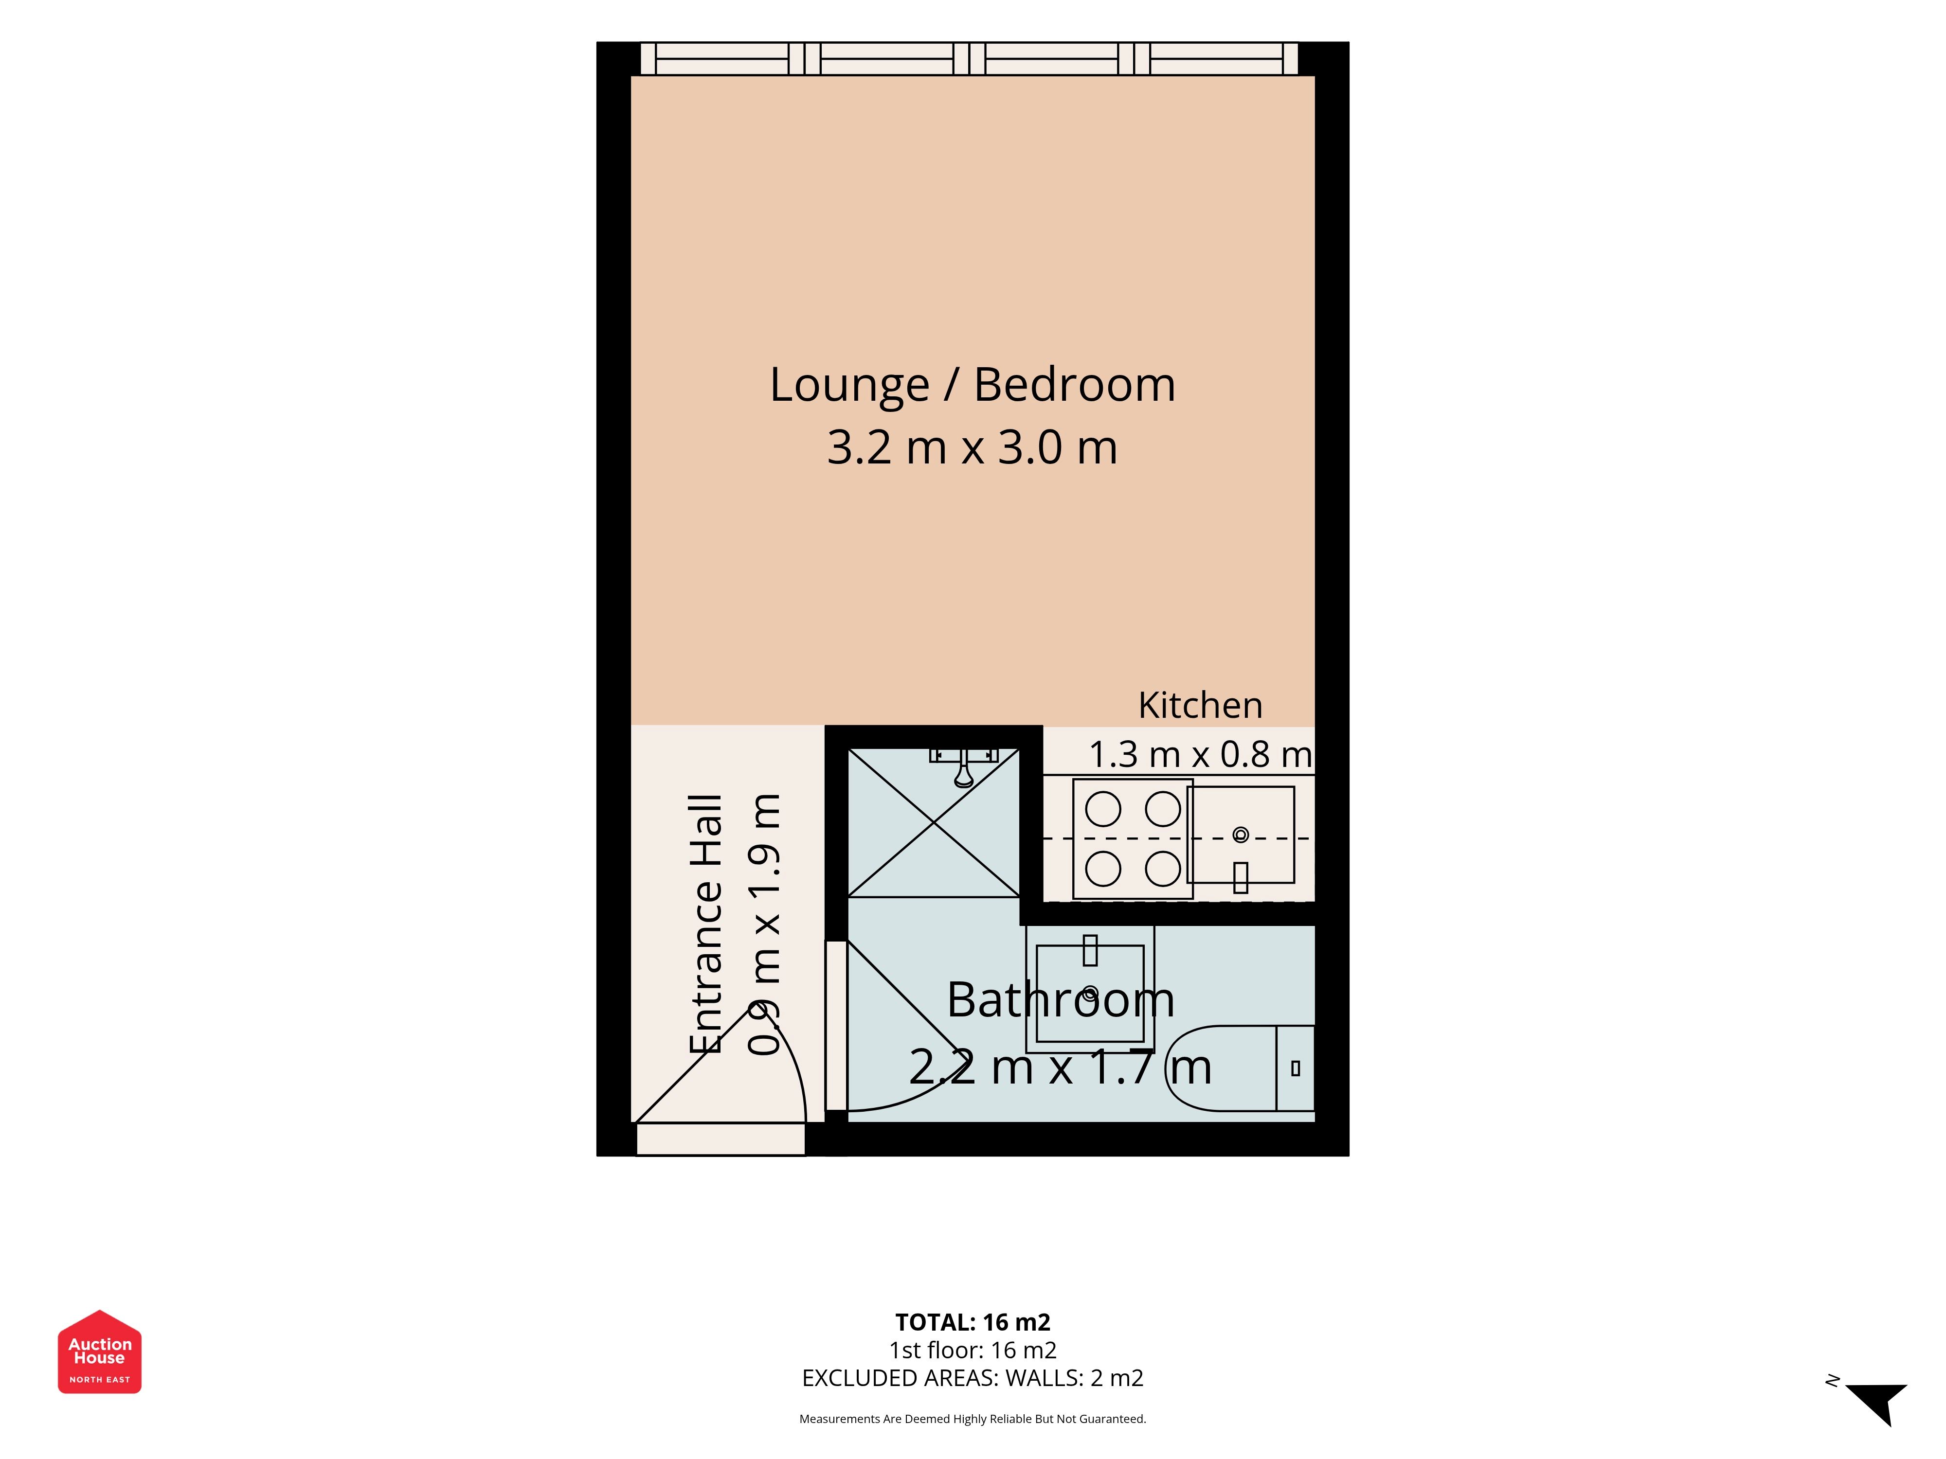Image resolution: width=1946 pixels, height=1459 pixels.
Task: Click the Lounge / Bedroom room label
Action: click(972, 385)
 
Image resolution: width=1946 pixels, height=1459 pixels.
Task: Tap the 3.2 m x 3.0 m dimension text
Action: click(972, 447)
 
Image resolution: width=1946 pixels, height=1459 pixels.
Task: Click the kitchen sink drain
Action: click(1241, 835)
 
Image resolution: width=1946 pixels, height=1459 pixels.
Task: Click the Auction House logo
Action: click(99, 1352)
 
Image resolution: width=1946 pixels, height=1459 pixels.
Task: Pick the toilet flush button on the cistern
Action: click(1295, 1068)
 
